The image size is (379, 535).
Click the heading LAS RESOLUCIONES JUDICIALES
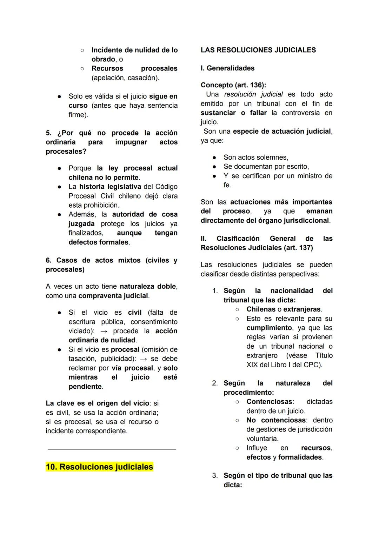(x=258, y=50)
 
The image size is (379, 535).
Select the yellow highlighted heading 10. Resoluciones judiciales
(x=99, y=467)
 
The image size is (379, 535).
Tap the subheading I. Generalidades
(x=227, y=68)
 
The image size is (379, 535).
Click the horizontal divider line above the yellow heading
(x=112, y=449)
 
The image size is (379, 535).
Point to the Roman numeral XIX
(x=252, y=365)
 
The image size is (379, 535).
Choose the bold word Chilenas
(x=261, y=309)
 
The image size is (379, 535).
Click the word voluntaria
(x=262, y=439)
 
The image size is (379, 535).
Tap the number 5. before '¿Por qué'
(x=49, y=133)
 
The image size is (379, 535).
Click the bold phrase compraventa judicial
(x=113, y=296)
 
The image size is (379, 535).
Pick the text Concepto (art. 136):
(x=233, y=85)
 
